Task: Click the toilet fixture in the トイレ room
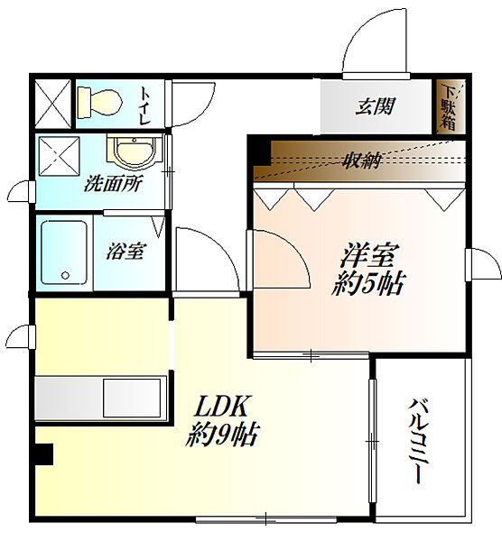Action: pos(98,101)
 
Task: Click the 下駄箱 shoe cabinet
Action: pos(449,107)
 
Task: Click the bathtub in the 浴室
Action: pos(65,253)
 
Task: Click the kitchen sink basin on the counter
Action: pos(132,398)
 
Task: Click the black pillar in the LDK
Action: pos(43,456)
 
